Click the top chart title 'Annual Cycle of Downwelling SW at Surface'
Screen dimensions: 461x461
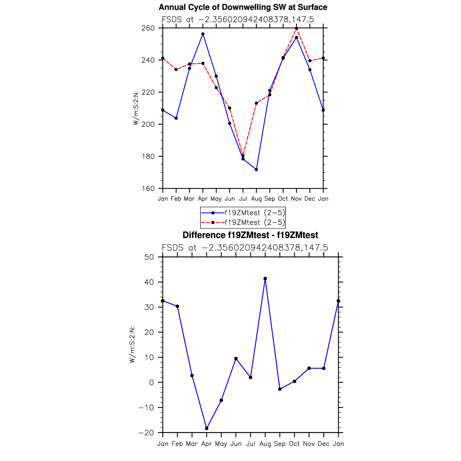tap(243, 7)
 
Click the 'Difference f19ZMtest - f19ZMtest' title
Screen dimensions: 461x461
tap(250, 235)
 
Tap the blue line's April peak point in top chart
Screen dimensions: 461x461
tap(203, 34)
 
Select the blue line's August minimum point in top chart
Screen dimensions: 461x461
tap(256, 170)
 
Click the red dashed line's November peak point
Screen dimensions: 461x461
tap(296, 29)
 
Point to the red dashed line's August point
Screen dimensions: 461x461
tap(256, 103)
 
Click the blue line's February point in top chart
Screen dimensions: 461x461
tap(176, 118)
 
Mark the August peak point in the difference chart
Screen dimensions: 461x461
tap(265, 279)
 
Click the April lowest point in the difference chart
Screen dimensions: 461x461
tap(207, 429)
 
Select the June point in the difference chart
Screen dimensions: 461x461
tap(236, 359)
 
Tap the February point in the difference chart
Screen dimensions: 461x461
tap(177, 306)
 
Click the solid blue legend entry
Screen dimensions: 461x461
tap(243, 213)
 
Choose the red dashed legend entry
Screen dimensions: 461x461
tap(243, 223)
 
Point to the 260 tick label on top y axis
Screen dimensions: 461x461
tap(148, 28)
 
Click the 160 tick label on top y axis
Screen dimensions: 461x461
tap(148, 189)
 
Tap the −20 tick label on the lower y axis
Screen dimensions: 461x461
tap(146, 433)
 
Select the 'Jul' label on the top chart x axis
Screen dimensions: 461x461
tap(243, 199)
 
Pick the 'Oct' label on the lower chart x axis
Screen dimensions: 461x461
tap(294, 444)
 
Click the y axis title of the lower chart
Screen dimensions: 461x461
tap(132, 345)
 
